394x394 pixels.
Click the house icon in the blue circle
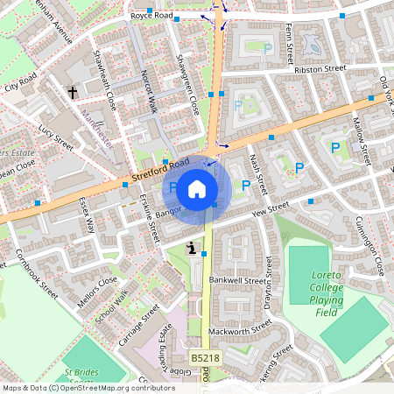point(198,187)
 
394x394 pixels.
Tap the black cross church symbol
point(73,91)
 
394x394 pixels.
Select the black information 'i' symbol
point(191,250)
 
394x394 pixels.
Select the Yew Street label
point(269,209)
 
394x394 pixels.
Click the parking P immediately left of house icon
point(172,186)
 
